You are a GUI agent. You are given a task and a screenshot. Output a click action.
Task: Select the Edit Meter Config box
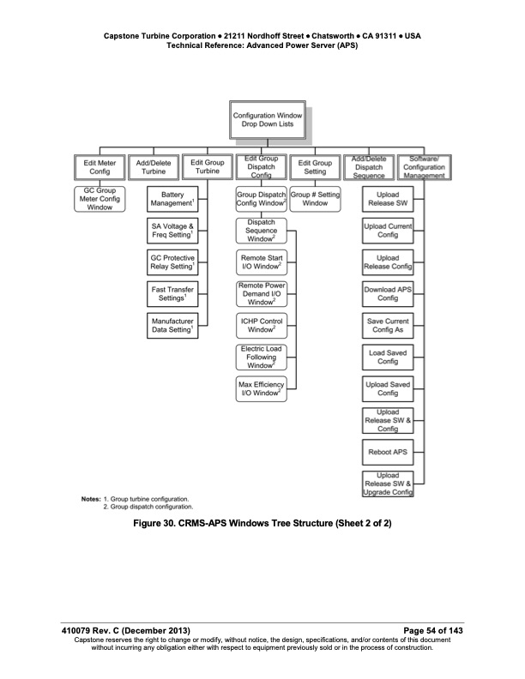tap(100, 166)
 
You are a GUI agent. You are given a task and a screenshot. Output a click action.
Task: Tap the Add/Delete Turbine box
tap(153, 166)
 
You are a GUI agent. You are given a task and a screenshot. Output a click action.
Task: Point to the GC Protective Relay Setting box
tap(171, 262)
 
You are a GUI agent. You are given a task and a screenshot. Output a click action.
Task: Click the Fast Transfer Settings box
tap(171, 294)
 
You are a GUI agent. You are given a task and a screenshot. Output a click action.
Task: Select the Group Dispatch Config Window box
tap(261, 199)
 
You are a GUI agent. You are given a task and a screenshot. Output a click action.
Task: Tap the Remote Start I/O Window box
tap(261, 262)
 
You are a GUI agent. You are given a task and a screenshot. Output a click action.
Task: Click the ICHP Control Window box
tap(261, 325)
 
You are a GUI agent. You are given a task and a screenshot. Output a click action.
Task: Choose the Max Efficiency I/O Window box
tap(261, 388)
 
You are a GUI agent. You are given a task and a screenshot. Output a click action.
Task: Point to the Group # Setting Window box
tap(315, 199)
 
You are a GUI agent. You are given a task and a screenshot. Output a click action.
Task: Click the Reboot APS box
tap(388, 451)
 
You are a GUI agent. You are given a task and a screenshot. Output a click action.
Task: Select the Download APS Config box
tap(388, 294)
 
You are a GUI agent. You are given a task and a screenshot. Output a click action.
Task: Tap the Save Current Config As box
tap(388, 326)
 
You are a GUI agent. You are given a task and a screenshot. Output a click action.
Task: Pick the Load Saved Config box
tap(388, 357)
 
